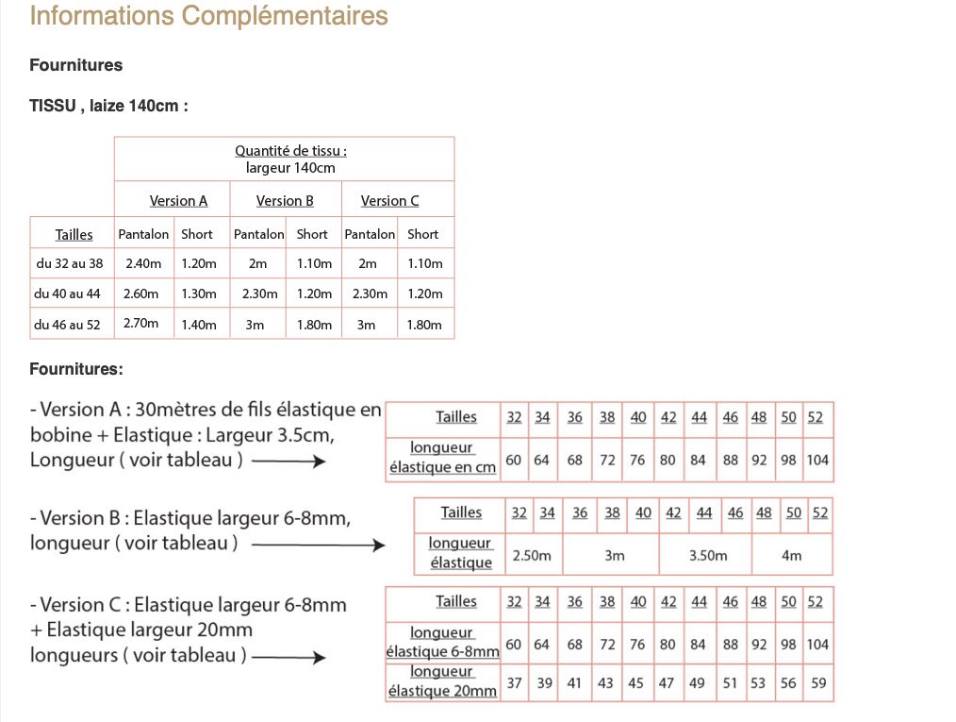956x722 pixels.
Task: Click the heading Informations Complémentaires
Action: pos(208,16)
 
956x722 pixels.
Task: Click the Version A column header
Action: pos(178,200)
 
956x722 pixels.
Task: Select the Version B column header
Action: pos(285,200)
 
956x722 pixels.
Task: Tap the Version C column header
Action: pos(389,200)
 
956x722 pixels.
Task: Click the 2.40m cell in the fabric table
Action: pos(143,263)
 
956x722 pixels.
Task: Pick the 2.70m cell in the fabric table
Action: pos(141,323)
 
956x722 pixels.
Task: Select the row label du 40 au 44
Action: pos(68,294)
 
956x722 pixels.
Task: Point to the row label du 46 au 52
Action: pos(68,324)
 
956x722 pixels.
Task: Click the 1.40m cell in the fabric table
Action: pos(198,324)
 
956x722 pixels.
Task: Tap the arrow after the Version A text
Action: pos(288,462)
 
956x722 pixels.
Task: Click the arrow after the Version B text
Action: pos(319,545)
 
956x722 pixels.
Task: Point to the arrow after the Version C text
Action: pos(288,657)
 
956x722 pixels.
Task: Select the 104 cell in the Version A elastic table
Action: pos(818,460)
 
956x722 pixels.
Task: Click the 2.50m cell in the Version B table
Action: pos(532,555)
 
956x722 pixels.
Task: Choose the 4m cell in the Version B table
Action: pos(792,555)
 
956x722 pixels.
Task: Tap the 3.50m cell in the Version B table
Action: pos(707,555)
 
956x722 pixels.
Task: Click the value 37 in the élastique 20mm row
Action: pos(514,682)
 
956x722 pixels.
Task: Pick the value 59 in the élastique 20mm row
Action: pos(818,682)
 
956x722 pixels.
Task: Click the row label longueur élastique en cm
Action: pos(442,458)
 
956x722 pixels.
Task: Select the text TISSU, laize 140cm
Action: pos(109,106)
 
